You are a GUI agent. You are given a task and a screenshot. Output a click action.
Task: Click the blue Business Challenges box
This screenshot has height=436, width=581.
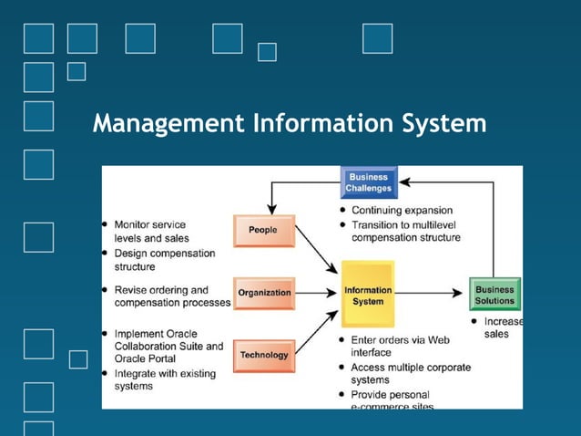(x=368, y=182)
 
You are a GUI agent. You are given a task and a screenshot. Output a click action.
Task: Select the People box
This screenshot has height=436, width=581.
(x=264, y=231)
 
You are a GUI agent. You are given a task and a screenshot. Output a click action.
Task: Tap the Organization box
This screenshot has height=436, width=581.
(x=264, y=293)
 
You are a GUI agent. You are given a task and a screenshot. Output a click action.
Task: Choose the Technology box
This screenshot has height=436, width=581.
(x=264, y=355)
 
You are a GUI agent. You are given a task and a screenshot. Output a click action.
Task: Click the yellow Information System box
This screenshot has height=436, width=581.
(x=368, y=295)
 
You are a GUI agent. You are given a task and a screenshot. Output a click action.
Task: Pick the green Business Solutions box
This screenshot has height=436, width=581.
(x=494, y=295)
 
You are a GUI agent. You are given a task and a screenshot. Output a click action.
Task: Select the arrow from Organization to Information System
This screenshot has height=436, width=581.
(x=317, y=294)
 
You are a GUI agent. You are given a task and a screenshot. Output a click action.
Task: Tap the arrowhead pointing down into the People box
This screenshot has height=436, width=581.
(x=271, y=209)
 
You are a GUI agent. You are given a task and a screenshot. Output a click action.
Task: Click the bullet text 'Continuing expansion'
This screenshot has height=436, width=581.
(x=402, y=211)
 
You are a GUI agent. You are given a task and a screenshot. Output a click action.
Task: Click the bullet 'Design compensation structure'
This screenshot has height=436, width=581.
(x=165, y=260)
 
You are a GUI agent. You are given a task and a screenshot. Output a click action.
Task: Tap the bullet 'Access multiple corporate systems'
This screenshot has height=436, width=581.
(x=411, y=373)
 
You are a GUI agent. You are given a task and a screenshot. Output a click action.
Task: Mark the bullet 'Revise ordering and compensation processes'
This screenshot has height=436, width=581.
(x=171, y=296)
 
